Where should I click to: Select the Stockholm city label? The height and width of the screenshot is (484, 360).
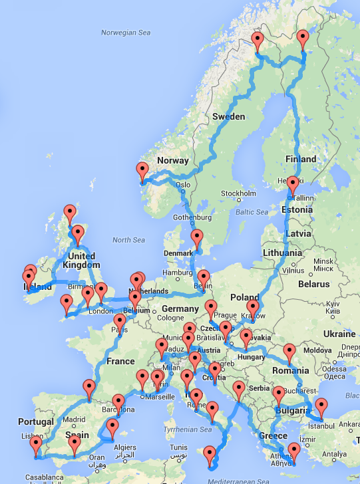238,193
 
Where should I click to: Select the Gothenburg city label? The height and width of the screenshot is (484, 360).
193,217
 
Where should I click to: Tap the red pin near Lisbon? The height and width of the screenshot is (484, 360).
35,443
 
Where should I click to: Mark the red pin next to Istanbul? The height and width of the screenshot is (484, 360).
321,406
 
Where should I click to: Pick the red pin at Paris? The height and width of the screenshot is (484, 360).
120,323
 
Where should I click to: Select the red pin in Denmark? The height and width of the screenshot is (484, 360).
196,238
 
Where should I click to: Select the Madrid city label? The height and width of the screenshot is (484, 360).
75,420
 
